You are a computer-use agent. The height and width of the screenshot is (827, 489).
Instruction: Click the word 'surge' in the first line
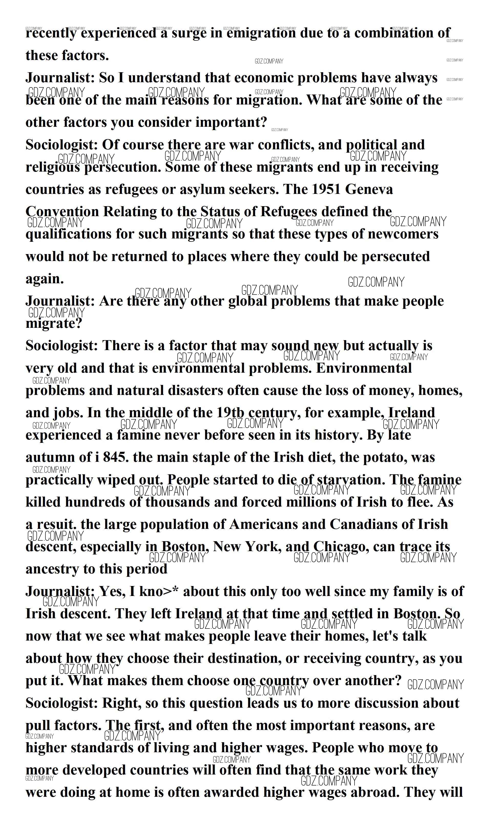(189, 33)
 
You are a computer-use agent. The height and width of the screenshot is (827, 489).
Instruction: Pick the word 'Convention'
(62, 212)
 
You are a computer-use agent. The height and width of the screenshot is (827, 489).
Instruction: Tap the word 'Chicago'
(341, 547)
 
